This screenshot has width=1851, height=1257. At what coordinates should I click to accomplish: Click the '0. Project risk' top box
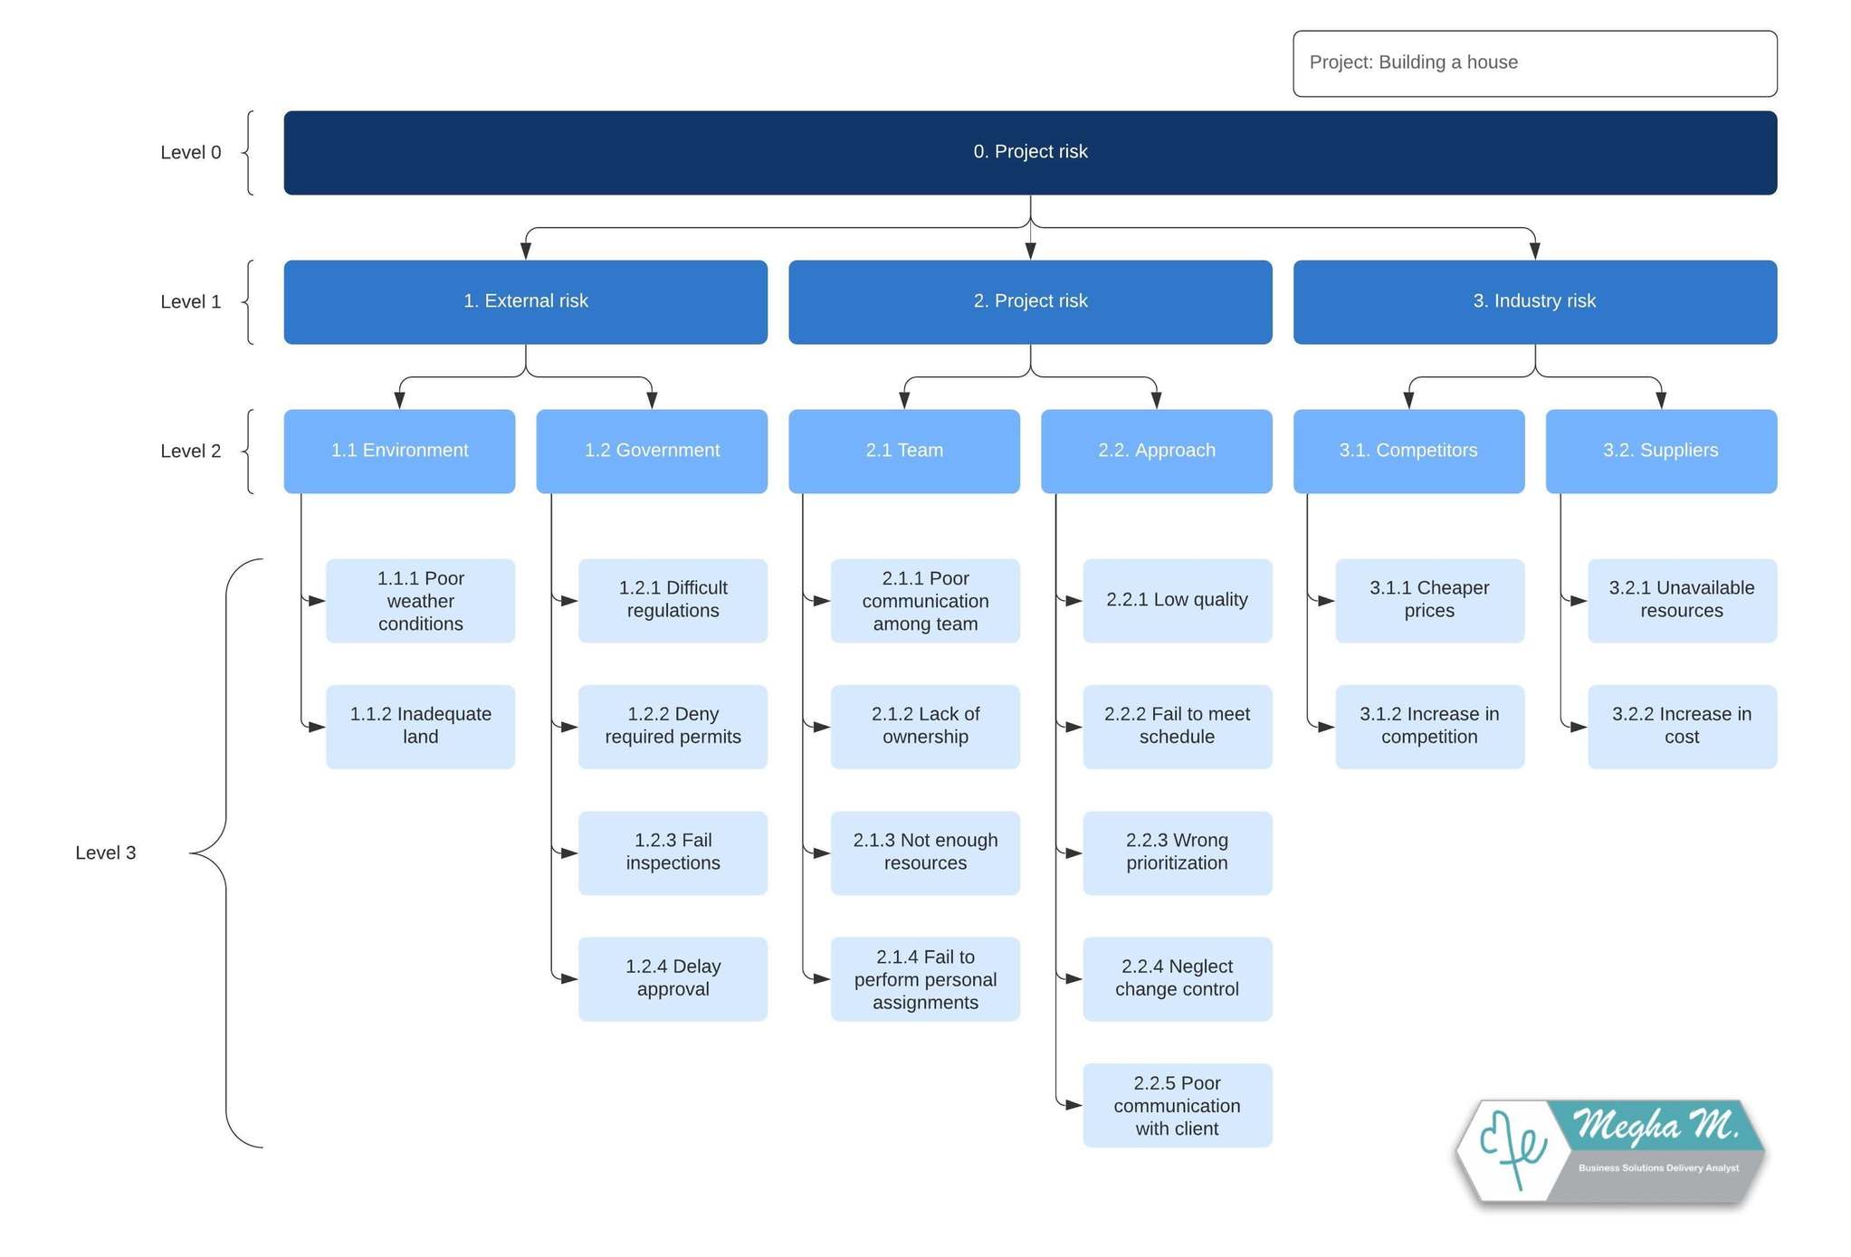tap(1029, 152)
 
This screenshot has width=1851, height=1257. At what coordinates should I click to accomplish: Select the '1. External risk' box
tap(525, 301)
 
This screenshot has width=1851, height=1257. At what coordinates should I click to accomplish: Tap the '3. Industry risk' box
tap(1533, 301)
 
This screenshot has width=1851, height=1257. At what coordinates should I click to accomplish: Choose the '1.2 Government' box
tap(651, 451)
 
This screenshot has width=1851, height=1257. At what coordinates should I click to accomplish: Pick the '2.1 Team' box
tap(903, 451)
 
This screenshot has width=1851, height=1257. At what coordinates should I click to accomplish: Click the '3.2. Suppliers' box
tap(1660, 451)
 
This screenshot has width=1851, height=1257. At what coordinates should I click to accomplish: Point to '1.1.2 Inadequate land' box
tap(420, 726)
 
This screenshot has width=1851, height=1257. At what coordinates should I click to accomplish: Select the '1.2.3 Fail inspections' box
tap(672, 852)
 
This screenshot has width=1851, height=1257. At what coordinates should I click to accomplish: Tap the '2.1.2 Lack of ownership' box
tap(924, 726)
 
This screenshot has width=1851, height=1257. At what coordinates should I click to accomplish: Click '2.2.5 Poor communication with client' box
tap(1177, 1105)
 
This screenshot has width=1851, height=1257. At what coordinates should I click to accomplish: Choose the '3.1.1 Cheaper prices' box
tap(1428, 599)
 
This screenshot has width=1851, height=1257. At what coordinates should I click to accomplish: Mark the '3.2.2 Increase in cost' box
tap(1681, 726)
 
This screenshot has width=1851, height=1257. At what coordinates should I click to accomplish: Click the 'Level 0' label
tap(190, 152)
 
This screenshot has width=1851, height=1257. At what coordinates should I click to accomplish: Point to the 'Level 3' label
tap(105, 852)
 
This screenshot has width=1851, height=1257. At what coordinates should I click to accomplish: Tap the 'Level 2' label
tap(190, 451)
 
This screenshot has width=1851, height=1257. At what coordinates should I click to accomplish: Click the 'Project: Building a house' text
tap(1413, 62)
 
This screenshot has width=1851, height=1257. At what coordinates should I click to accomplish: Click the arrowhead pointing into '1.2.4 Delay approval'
tap(569, 978)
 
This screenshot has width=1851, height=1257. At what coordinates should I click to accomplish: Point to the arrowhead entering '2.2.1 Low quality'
tap(1073, 600)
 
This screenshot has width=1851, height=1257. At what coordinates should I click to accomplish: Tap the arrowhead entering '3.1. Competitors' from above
tap(1408, 400)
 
